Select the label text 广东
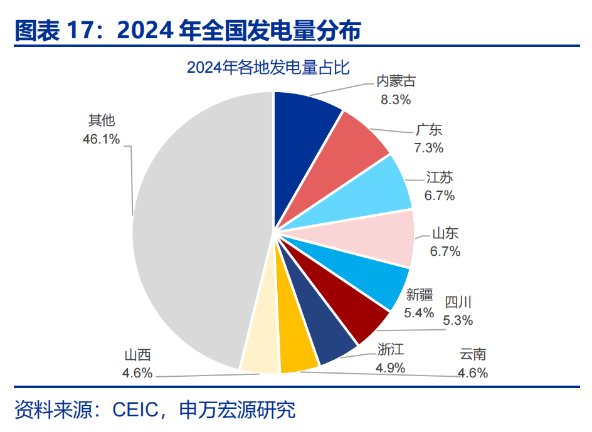[429, 130]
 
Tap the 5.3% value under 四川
[458, 320]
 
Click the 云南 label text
[473, 355]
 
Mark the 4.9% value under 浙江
[390, 367]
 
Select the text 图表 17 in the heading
[53, 29]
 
